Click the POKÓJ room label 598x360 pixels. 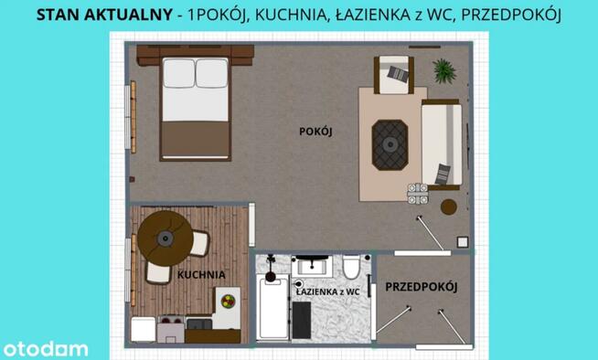tap(315, 132)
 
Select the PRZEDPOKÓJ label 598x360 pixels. tap(421, 287)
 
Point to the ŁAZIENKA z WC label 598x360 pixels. tap(327, 290)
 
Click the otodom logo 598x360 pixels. tap(46, 348)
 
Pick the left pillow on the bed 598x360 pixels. tap(178, 74)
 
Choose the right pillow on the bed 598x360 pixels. tap(211, 74)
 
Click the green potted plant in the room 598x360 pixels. tap(443, 69)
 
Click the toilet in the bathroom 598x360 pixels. tap(351, 269)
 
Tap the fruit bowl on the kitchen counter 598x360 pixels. tap(227, 300)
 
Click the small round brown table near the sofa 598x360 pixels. tap(448, 207)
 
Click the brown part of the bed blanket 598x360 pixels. tap(194, 138)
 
